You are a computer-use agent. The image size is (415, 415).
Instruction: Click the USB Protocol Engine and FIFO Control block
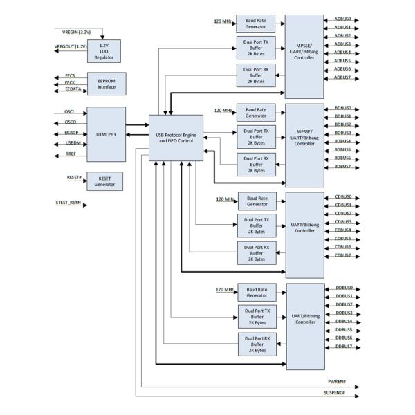(176, 138)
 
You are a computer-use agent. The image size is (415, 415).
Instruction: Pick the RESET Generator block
(105, 181)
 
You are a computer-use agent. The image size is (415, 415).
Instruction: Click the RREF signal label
(71, 155)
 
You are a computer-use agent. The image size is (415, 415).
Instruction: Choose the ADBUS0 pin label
(343, 19)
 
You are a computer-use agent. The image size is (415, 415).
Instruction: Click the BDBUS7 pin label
(343, 167)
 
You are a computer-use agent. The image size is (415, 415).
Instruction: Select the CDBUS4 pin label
(343, 230)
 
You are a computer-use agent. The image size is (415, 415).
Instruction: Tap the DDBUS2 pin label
(344, 304)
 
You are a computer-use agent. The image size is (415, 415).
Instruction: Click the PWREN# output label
(336, 381)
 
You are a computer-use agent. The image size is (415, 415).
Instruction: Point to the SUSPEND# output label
(334, 393)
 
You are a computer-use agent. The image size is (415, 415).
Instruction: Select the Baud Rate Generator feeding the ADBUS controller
(255, 24)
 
